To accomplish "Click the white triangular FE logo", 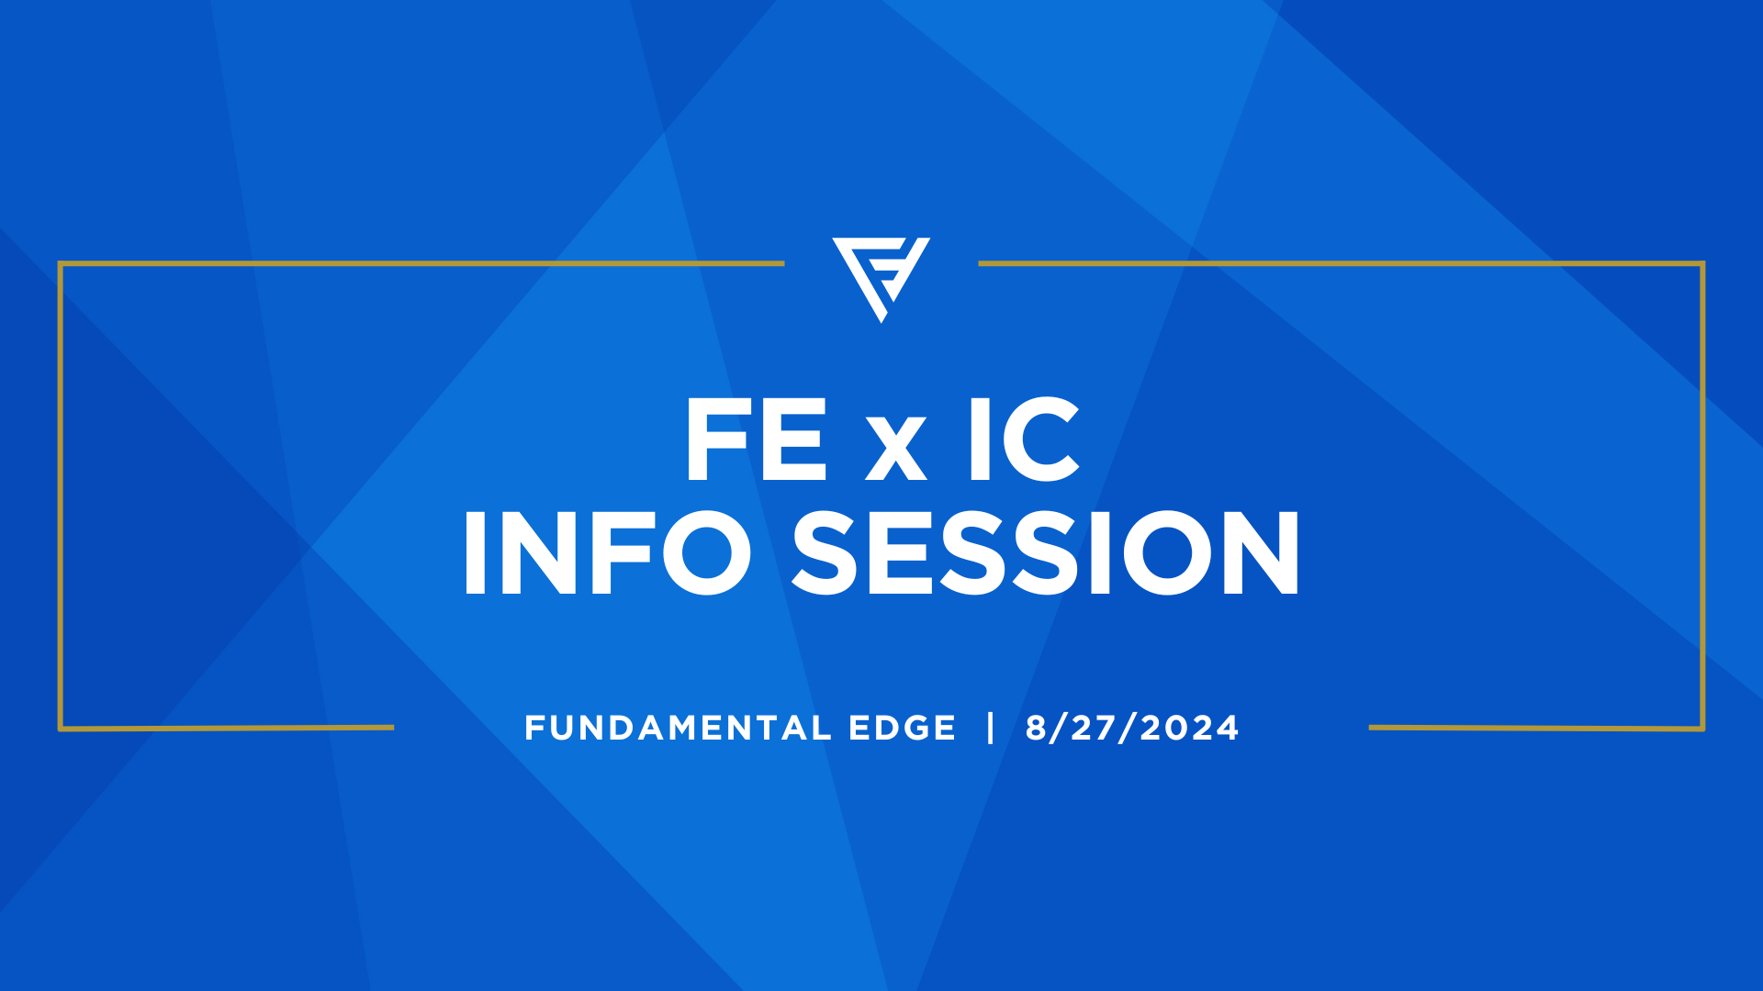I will [x=881, y=275].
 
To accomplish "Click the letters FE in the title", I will [x=756, y=440].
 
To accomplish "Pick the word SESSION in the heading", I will [x=1046, y=552].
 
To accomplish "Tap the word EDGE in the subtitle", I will [x=903, y=729].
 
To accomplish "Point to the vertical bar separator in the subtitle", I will [x=991, y=728].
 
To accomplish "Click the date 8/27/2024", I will [x=1132, y=729].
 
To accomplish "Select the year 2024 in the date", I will [x=1190, y=729].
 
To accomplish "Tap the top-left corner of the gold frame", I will [x=61, y=264].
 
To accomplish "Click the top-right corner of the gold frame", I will [x=1702, y=264].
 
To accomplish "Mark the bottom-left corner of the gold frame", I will [x=61, y=729].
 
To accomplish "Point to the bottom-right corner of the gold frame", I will [x=1702, y=729].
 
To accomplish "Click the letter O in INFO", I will [x=706, y=552].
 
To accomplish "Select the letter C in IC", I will [x=1041, y=440].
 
